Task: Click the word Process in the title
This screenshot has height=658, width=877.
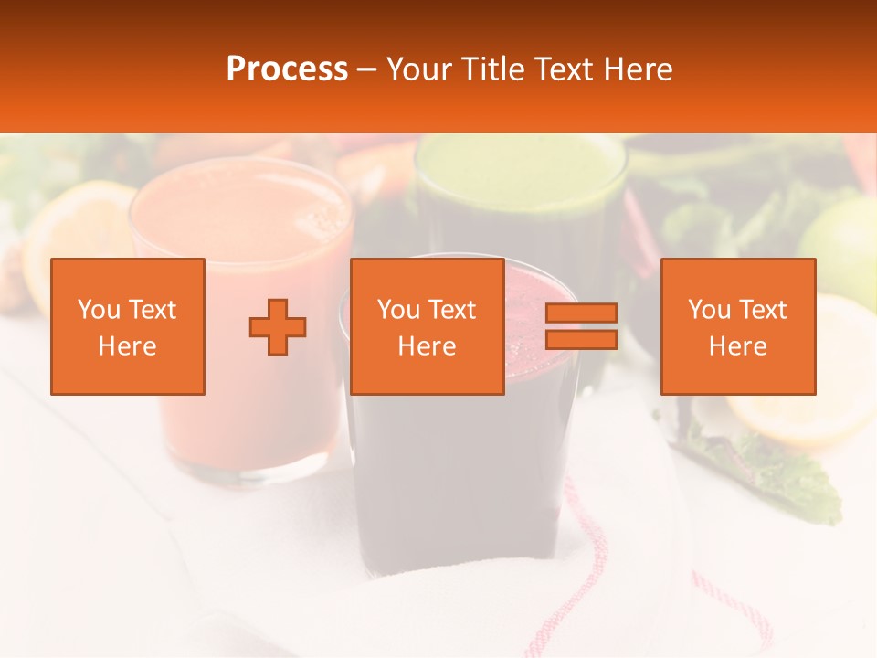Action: (x=287, y=69)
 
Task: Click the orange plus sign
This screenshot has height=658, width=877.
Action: (x=278, y=326)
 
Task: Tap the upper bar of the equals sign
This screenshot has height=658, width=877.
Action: (x=581, y=313)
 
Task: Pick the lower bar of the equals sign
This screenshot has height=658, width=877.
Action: (x=581, y=340)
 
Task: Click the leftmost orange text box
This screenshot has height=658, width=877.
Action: (x=127, y=326)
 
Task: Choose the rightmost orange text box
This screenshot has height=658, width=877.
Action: (x=737, y=326)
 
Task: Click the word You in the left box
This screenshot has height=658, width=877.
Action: (x=100, y=310)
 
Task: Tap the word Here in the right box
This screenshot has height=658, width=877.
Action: (x=737, y=346)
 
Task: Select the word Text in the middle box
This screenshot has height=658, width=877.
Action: (x=453, y=310)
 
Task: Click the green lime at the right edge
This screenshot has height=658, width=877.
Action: (x=845, y=242)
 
